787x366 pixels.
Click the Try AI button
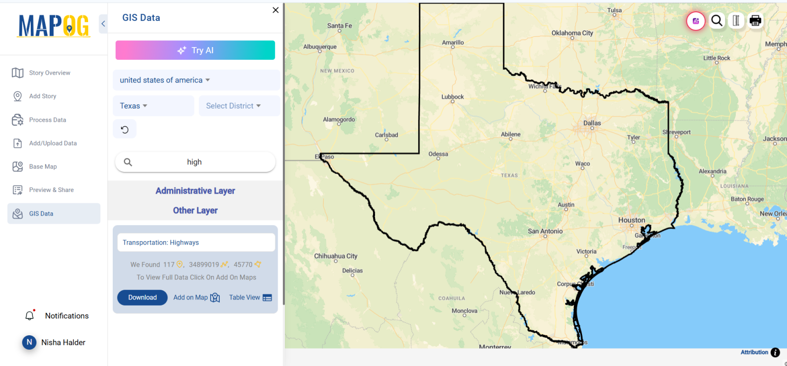click(195, 50)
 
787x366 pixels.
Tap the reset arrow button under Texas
click(125, 130)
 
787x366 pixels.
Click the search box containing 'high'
click(195, 162)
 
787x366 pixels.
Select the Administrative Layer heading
click(195, 191)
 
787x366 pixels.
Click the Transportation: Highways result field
click(196, 243)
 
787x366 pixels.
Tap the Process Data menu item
click(48, 120)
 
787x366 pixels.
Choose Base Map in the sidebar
click(43, 166)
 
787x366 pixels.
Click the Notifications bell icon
click(30, 315)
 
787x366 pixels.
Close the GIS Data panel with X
click(276, 10)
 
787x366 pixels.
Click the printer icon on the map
click(755, 20)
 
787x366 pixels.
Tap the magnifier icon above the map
click(717, 20)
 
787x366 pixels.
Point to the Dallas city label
click(592, 123)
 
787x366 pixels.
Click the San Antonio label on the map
click(545, 231)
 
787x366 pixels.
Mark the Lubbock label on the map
click(452, 97)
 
